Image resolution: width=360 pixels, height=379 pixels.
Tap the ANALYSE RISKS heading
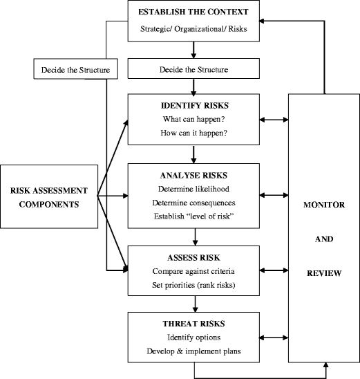click(195, 175)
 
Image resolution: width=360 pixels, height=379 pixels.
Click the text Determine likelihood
click(195, 189)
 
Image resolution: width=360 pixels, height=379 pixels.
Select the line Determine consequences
click(195, 203)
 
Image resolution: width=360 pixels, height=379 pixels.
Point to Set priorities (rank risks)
click(195, 284)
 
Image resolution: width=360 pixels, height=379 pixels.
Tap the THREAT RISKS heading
click(195, 323)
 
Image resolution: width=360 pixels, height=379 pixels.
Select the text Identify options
click(195, 337)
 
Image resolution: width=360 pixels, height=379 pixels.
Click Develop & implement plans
click(195, 351)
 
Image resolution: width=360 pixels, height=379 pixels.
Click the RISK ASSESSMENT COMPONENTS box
click(49, 196)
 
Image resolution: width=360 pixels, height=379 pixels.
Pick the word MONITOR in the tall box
click(323, 205)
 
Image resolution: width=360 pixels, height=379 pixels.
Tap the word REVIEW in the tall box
click(323, 272)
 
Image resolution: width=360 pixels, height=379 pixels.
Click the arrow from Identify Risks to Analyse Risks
click(195, 153)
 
